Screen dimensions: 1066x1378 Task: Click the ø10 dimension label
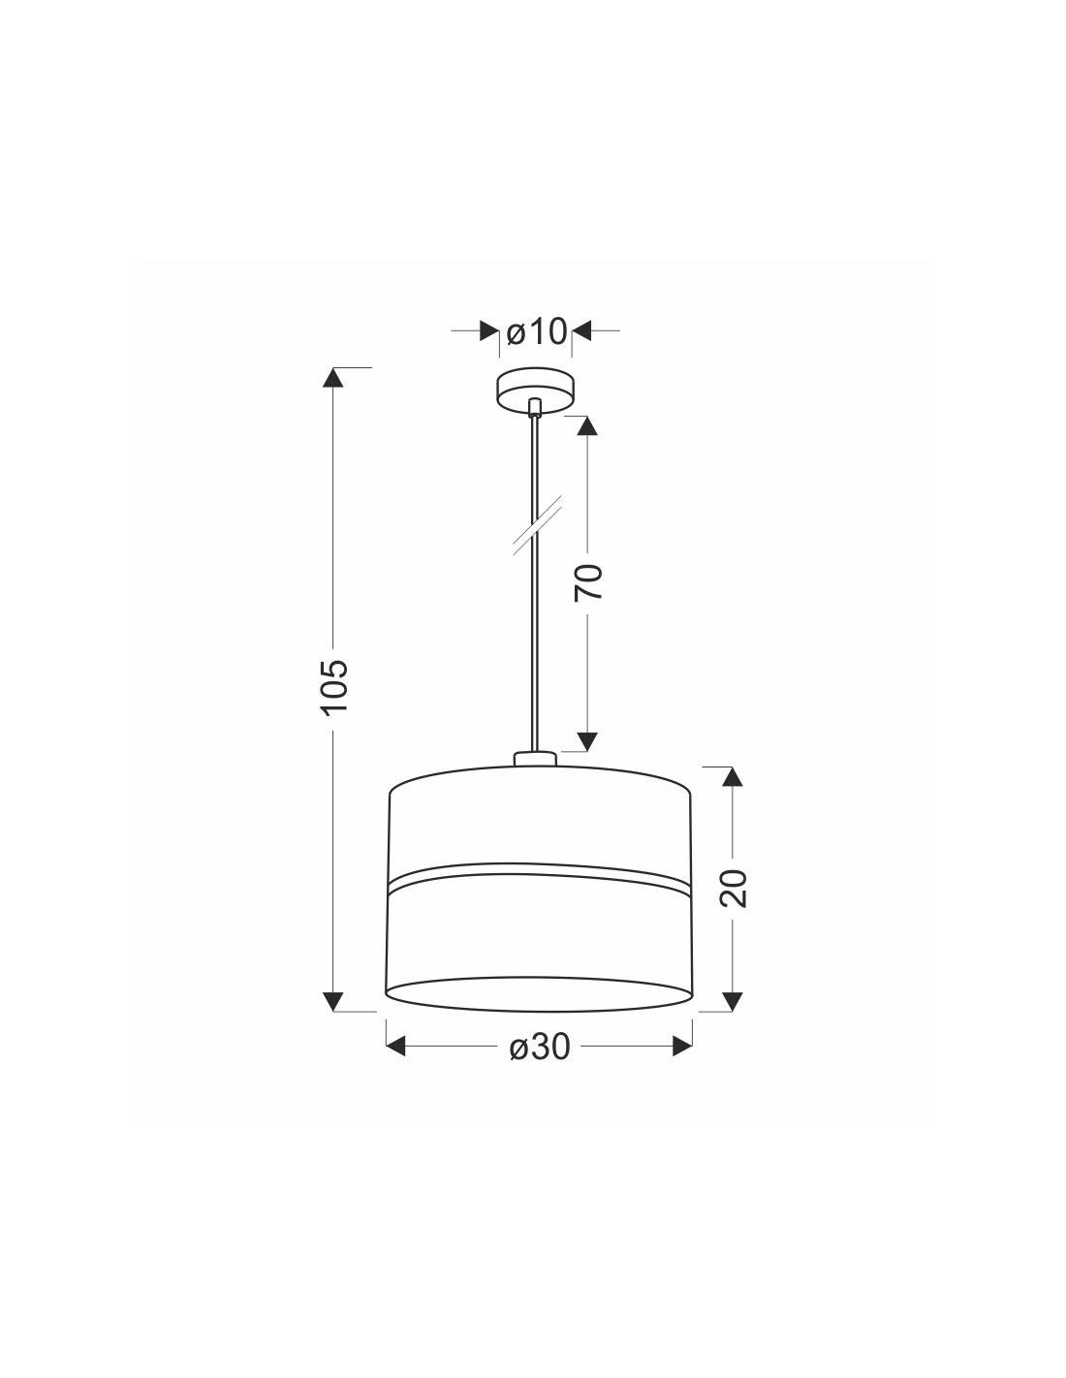click(536, 331)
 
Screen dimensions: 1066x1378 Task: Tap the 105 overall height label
click(335, 688)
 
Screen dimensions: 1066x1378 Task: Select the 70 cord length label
click(588, 581)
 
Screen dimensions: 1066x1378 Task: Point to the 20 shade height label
click(734, 888)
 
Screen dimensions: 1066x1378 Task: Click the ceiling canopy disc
click(536, 390)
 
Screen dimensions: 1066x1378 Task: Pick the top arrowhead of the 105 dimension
click(333, 377)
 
